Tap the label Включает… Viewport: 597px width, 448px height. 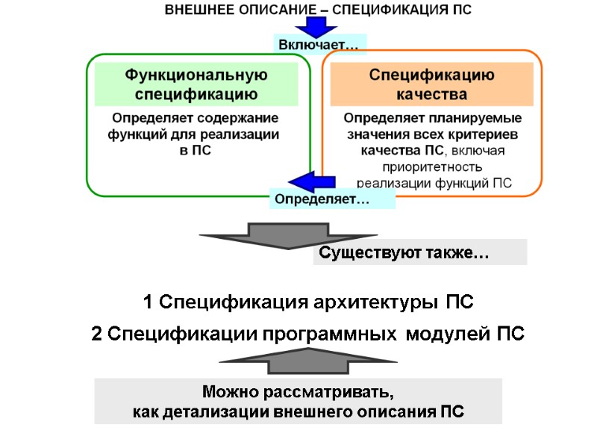click(319, 46)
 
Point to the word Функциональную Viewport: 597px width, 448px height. click(196, 75)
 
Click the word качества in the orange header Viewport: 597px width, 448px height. click(431, 95)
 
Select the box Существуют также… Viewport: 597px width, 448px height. click(419, 253)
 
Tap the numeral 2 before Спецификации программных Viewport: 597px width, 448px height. click(96, 335)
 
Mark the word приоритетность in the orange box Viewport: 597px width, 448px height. click(432, 167)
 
